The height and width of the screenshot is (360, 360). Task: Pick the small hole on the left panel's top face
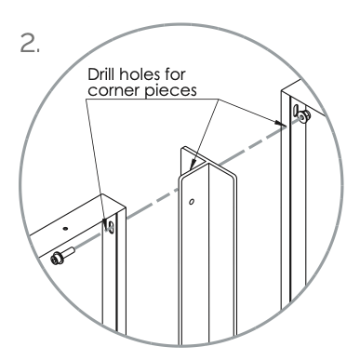click(x=66, y=224)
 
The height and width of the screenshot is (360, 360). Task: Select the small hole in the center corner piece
click(x=193, y=200)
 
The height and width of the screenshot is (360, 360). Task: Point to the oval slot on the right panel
click(x=295, y=112)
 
